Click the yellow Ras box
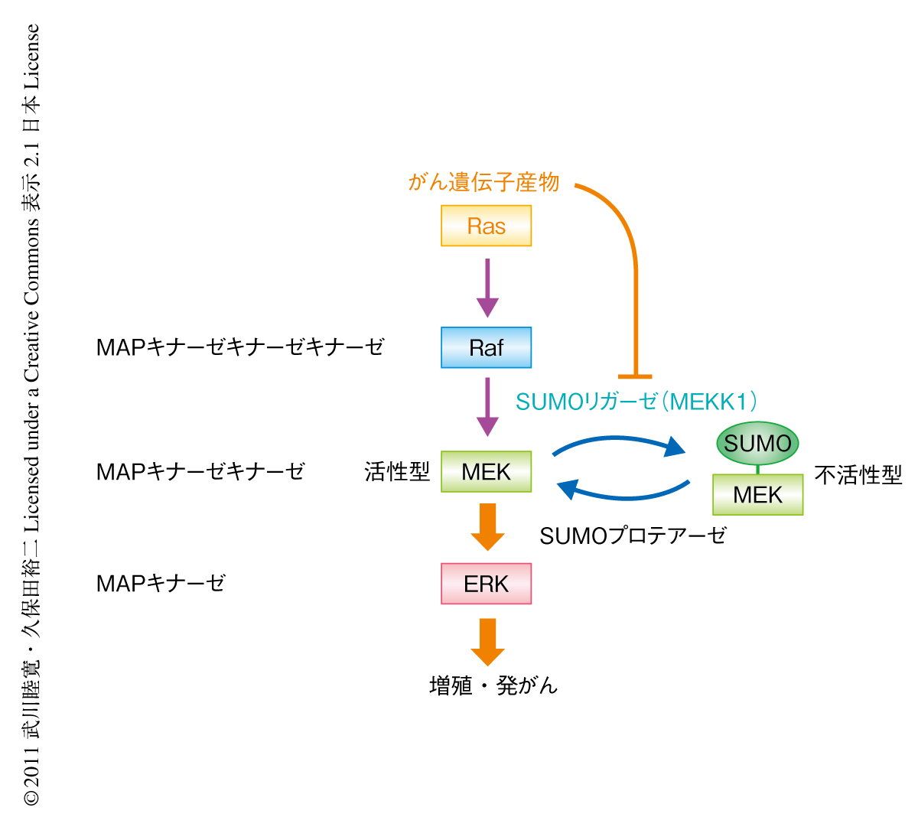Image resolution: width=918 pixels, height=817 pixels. point(486,226)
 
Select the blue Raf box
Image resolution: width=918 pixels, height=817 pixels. point(486,347)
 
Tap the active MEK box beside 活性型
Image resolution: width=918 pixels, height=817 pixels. point(486,471)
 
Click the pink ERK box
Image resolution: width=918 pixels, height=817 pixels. point(486,584)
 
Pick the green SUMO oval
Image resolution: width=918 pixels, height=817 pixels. point(757,444)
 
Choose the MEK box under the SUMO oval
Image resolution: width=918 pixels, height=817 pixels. point(757,494)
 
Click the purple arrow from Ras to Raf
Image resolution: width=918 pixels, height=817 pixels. point(487,288)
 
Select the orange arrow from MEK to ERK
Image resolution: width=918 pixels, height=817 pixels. point(487,527)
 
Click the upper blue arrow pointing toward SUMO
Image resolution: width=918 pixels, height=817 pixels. point(620,442)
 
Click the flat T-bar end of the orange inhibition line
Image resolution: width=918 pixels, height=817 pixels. point(635,376)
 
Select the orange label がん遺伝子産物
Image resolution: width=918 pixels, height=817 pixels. point(483,182)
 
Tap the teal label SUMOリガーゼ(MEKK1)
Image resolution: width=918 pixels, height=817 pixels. point(636,402)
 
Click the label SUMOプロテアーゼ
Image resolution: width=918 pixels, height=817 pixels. point(633,535)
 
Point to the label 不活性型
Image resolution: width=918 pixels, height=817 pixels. point(858,475)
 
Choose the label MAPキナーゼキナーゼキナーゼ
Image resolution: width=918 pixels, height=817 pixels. point(240,347)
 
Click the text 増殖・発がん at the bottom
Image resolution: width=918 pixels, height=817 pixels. point(493,685)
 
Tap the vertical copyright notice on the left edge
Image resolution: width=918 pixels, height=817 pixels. point(31,413)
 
